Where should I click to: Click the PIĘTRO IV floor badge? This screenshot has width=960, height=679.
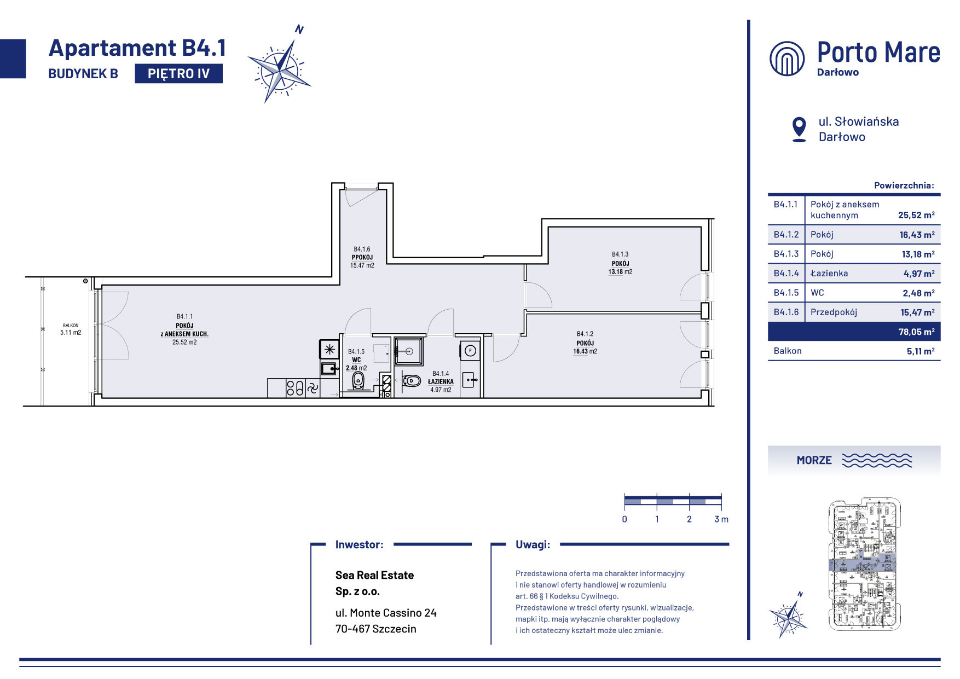(x=178, y=73)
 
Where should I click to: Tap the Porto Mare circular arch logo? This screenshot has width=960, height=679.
(x=787, y=58)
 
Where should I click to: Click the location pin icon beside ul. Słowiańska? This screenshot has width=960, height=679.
(x=799, y=129)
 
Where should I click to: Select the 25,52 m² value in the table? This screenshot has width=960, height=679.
(x=916, y=215)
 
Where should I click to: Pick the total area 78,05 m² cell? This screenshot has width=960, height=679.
(x=916, y=332)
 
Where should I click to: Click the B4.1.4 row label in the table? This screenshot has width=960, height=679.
(x=786, y=273)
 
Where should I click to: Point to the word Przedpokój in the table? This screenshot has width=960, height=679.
(x=834, y=312)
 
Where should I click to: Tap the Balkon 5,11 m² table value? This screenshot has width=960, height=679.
(x=921, y=351)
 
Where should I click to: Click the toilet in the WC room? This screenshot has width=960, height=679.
(x=358, y=380)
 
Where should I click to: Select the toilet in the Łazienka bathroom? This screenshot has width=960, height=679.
(x=411, y=380)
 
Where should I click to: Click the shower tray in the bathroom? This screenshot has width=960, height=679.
(x=408, y=351)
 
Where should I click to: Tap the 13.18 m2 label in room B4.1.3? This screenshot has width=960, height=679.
(x=620, y=272)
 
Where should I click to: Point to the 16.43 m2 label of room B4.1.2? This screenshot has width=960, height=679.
(x=585, y=352)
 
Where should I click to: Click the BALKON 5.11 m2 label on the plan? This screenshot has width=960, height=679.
(x=71, y=329)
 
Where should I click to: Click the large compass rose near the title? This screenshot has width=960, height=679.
(x=279, y=68)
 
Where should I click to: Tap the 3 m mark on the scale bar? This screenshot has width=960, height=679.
(x=721, y=519)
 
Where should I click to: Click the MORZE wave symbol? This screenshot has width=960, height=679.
(x=877, y=460)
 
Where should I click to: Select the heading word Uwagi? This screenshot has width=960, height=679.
(x=533, y=544)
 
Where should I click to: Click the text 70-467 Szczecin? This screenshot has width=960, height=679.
(x=376, y=629)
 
